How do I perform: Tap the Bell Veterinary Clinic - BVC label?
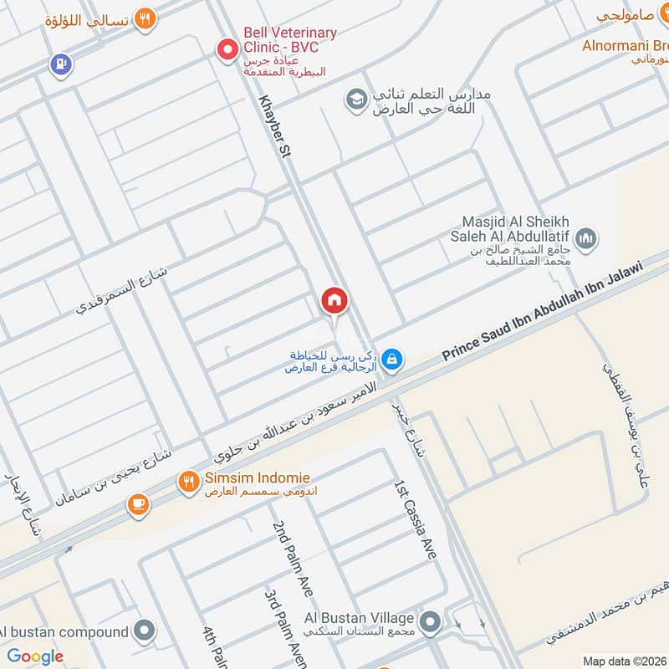click(x=289, y=40)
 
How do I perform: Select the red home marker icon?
click(x=334, y=299)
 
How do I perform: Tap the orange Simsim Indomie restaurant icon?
click(x=188, y=481)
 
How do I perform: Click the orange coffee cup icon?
click(x=138, y=504)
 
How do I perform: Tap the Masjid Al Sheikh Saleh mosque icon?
click(x=587, y=239)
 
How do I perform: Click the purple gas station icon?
click(x=59, y=64)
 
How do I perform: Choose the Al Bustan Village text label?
click(x=359, y=618)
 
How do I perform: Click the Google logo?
click(x=36, y=656)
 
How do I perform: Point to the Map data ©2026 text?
click(x=623, y=661)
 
